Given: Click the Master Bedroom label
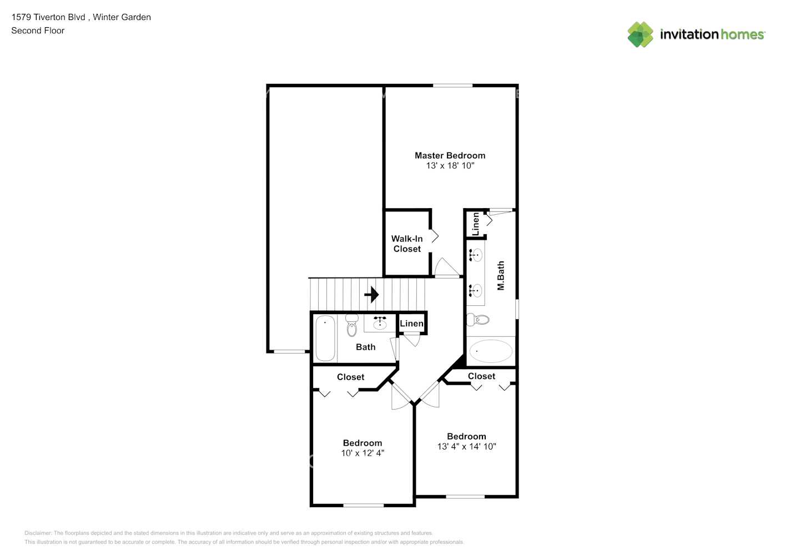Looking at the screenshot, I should coord(450,155).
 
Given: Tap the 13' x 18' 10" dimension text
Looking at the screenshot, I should coord(450,165).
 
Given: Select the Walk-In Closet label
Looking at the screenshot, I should coord(407,244).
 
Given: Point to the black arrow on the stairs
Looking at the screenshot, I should coord(371,294).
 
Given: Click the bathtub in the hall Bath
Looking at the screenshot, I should coord(325,338).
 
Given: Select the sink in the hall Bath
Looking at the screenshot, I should coord(380,323).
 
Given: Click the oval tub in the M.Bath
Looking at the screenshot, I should coord(491,351).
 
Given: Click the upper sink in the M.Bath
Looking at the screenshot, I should coord(476,255).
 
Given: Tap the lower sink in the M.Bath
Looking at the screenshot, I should coord(476,290).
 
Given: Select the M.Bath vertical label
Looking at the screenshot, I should coord(501,275).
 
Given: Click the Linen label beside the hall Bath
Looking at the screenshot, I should coord(411,324).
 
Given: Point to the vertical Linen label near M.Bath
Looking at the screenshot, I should coord(475,224).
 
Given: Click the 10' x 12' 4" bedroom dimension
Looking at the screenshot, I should coord(363,453).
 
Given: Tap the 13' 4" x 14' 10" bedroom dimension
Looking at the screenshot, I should coord(466,446).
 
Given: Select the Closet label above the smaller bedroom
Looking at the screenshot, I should coord(350,377).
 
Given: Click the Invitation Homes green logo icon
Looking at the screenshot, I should coord(640,34).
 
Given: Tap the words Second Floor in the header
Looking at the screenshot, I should coord(38,31).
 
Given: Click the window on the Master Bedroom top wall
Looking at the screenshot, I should coord(452,85).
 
